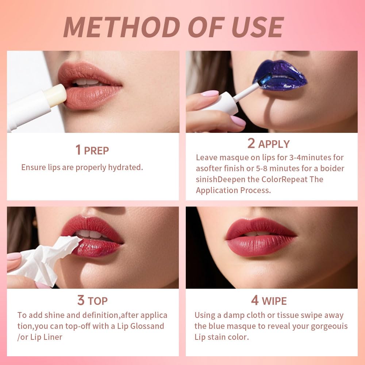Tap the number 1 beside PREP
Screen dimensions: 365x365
pos(78,150)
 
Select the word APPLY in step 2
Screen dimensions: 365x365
pos(274,144)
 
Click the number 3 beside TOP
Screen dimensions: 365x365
pos(81,300)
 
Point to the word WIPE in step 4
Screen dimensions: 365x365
pos(274,301)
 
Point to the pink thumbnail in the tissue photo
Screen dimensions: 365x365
pos(14,257)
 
